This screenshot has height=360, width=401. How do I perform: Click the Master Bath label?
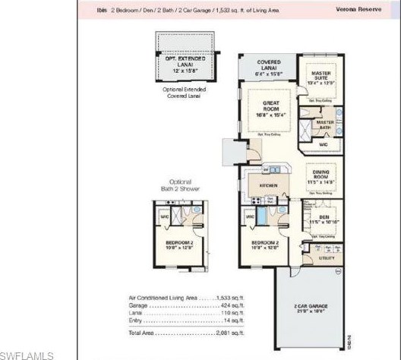[x=325, y=122]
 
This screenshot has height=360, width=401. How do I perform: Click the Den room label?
[x=324, y=218]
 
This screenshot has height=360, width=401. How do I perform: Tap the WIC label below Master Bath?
[x=323, y=144]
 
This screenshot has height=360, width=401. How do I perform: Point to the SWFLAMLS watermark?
[x=27, y=355]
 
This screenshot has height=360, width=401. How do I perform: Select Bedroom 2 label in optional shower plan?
[x=181, y=245]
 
